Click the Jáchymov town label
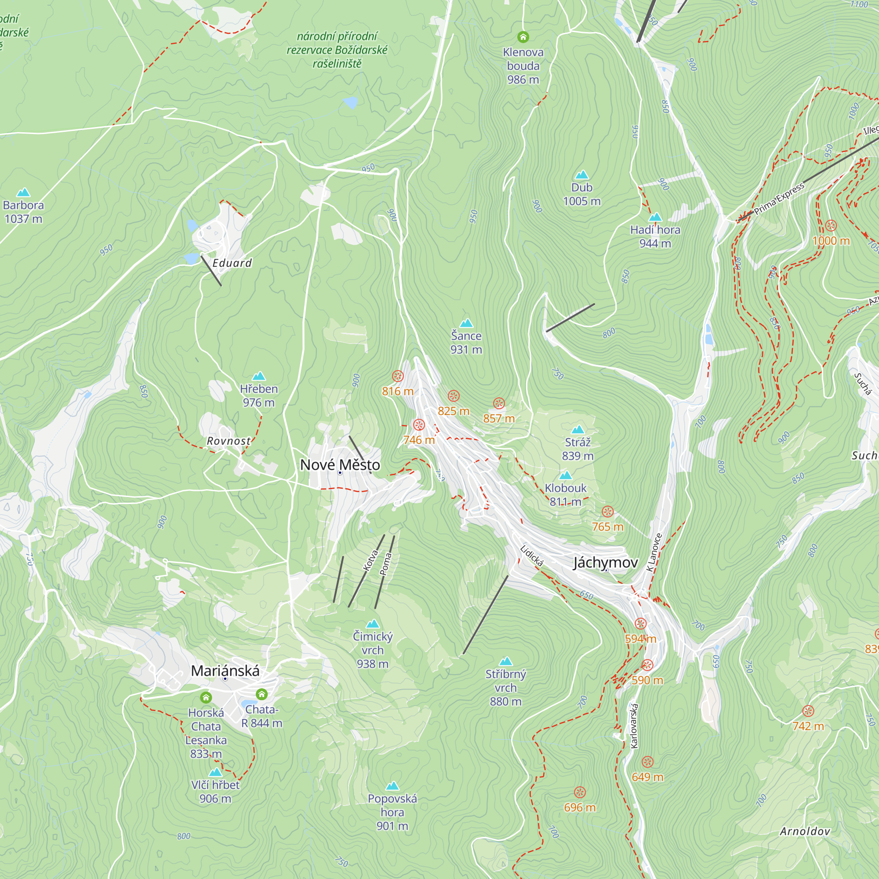tap(605, 563)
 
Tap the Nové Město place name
tap(340, 465)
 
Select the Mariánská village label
tap(225, 671)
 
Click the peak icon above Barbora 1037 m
tap(23, 193)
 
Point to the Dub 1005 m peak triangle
tap(581, 175)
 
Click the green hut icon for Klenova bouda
tap(523, 36)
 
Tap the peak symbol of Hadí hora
tap(655, 217)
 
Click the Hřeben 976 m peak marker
tap(258, 376)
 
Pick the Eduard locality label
tap(232, 263)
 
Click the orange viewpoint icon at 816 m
tap(398, 376)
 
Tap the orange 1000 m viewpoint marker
tap(831, 225)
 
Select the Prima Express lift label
tap(779, 199)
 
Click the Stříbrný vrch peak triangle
tap(505, 661)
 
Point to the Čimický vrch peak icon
tap(373, 624)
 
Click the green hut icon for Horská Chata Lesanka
tap(206, 697)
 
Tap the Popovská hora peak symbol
tap(392, 786)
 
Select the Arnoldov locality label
tap(805, 832)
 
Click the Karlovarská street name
tap(634, 726)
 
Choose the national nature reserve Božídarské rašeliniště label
tap(337, 50)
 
